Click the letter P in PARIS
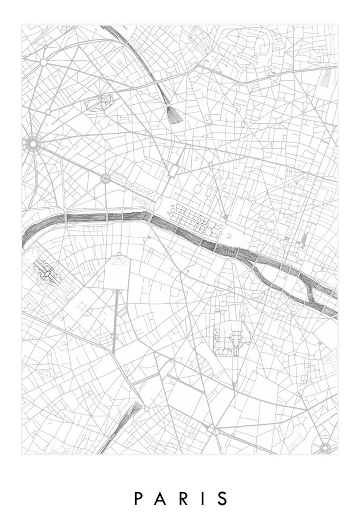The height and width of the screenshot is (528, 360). point(138,498)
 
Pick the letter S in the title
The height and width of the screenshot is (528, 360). point(222,498)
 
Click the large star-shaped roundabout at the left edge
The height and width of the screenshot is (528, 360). point(33,144)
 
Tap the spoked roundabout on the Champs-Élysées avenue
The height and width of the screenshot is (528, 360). point(106,178)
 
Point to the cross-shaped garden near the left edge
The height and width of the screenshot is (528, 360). point(47,273)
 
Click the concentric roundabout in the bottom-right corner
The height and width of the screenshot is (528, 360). point(325,448)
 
